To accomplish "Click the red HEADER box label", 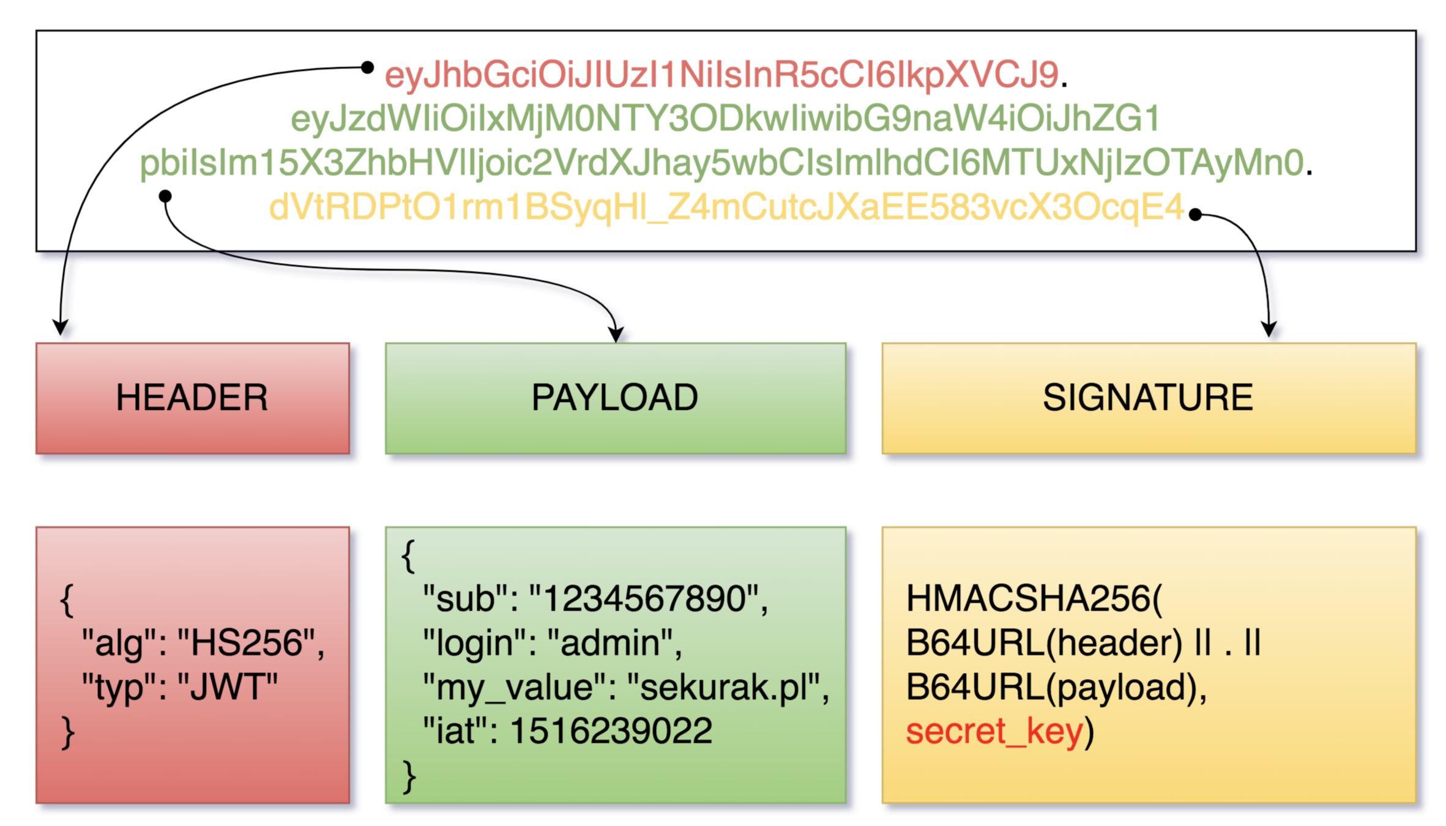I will pyautogui.click(x=192, y=398).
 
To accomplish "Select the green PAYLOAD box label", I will pyautogui.click(x=615, y=398).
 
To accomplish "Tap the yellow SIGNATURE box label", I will pyautogui.click(x=1148, y=398).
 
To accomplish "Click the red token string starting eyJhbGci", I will pyautogui.click(x=721, y=75).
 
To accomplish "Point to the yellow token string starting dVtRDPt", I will pyautogui.click(x=726, y=207).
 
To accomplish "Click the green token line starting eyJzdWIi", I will pyautogui.click(x=725, y=119).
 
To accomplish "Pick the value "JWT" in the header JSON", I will pyautogui.click(x=228, y=687).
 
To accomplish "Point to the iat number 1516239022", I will pyautogui.click(x=611, y=731).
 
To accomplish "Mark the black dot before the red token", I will pyautogui.click(x=367, y=67).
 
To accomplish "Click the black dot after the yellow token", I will pyautogui.click(x=1195, y=214).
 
